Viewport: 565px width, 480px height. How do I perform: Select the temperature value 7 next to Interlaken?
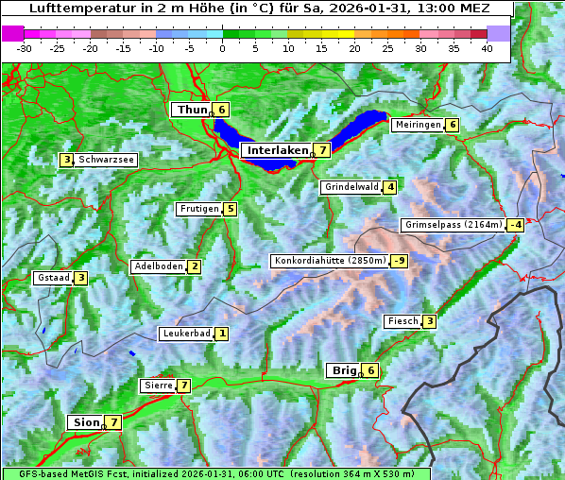(323, 150)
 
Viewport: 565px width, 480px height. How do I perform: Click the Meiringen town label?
(418, 125)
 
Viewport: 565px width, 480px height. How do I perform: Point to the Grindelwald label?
(351, 187)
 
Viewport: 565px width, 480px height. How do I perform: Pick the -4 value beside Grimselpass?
(515, 225)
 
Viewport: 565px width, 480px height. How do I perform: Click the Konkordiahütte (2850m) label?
(329, 261)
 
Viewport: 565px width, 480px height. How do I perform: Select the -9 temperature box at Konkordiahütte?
(400, 261)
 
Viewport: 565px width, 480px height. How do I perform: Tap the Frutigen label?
(198, 209)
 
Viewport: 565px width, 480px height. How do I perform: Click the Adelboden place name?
(157, 266)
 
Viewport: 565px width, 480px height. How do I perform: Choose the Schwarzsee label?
(107, 161)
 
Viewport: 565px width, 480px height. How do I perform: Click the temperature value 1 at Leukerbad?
(222, 334)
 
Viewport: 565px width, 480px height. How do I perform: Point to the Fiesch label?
(402, 322)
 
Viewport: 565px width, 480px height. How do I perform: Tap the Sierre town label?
(157, 386)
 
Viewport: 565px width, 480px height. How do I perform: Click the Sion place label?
(83, 422)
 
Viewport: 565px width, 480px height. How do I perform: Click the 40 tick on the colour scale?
(487, 47)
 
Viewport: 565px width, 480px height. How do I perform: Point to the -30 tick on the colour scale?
(25, 47)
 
